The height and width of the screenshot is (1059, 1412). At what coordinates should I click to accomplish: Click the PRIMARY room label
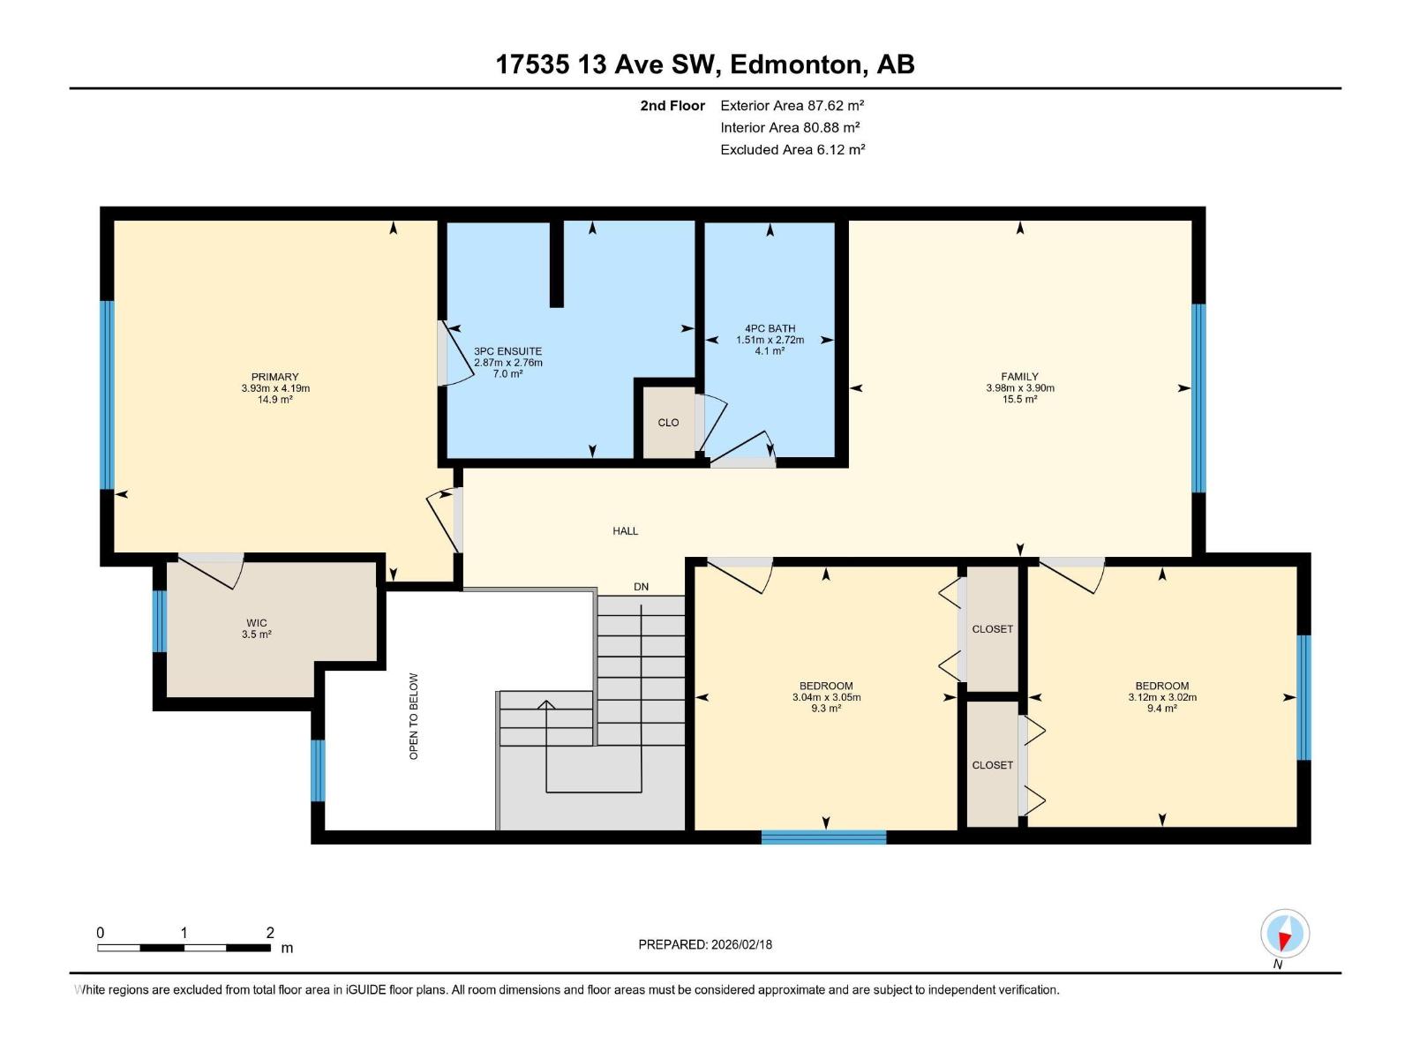tap(274, 377)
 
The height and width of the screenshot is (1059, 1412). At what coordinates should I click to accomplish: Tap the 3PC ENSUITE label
tap(507, 351)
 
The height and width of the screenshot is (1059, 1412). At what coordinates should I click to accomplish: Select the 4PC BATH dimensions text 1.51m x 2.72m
tap(770, 340)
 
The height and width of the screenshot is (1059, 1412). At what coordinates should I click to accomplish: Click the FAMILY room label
tap(1019, 377)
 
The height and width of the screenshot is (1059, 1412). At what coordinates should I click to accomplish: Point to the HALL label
tap(625, 531)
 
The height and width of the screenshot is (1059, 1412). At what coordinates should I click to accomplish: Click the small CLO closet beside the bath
tap(668, 423)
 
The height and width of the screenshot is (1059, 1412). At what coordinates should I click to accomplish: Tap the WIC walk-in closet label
tap(256, 623)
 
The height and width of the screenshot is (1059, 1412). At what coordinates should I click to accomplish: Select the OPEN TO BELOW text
tap(414, 716)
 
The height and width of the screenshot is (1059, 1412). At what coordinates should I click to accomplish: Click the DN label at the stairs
tap(641, 587)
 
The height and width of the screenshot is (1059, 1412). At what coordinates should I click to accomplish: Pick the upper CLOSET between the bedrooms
tap(992, 629)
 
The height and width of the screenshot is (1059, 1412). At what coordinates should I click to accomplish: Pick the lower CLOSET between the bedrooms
tap(992, 765)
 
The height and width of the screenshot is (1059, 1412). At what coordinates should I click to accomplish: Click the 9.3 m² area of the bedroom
tap(826, 709)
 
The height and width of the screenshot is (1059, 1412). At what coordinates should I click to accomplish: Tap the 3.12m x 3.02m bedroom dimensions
tap(1161, 697)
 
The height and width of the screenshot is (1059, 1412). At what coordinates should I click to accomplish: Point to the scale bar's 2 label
tap(270, 933)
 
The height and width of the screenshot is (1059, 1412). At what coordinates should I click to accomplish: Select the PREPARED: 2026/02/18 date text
tap(705, 944)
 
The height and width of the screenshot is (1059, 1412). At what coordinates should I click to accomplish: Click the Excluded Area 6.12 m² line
tap(792, 150)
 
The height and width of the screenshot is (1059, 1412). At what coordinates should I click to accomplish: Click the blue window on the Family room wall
tap(1198, 398)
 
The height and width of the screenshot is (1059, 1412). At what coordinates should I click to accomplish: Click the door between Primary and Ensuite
tap(444, 353)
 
